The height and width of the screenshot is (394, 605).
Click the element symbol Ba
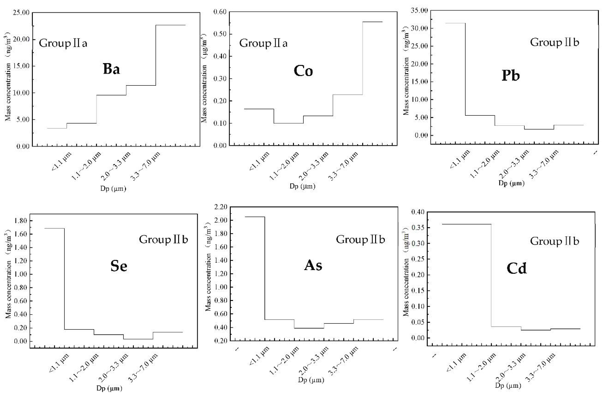(x=111, y=69)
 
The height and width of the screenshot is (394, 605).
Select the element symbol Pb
(x=510, y=76)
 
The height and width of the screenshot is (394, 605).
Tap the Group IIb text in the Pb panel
(x=554, y=42)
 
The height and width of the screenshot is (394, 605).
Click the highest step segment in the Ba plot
(x=170, y=25)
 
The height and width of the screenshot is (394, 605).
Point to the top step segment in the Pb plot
(x=455, y=23)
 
